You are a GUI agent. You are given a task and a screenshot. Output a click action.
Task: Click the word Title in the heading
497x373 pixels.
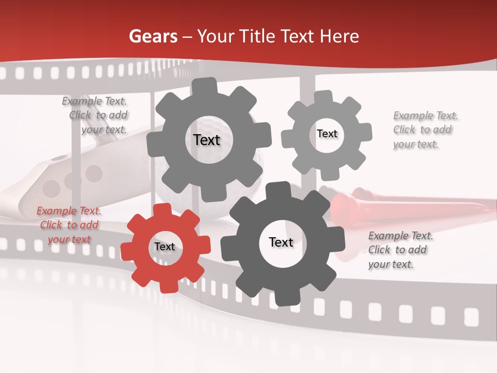[257, 36]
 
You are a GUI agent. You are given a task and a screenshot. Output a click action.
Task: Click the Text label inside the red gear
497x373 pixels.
[165, 247]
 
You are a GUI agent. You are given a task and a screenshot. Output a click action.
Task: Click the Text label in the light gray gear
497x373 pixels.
[327, 134]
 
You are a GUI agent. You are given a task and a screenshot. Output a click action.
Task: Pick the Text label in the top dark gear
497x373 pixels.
[207, 140]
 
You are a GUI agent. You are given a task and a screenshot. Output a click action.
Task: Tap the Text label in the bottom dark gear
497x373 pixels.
[281, 242]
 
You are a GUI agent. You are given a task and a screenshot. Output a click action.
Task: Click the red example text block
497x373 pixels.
[69, 225]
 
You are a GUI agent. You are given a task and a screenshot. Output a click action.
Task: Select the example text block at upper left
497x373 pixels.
[96, 116]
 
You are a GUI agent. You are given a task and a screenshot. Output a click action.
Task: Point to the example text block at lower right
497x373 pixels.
[400, 250]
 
